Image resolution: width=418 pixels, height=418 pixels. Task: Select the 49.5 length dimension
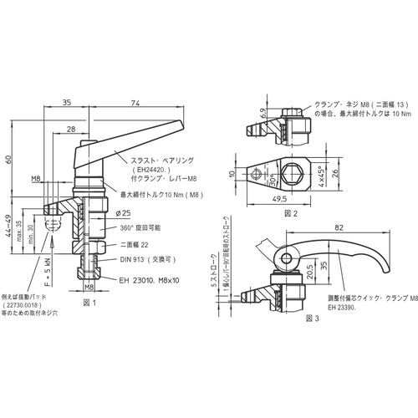[x=280, y=201]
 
